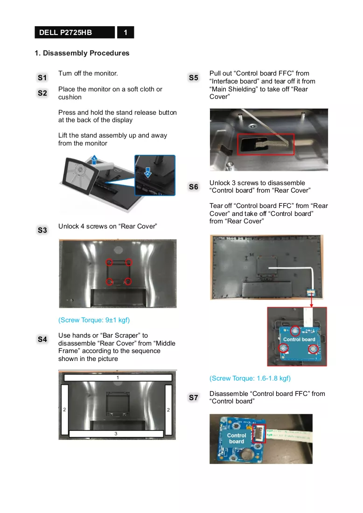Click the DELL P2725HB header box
75,32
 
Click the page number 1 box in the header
126,32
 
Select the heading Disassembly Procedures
86,53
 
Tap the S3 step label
42,230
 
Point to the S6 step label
194,187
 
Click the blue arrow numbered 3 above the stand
94,159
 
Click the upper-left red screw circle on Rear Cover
109,262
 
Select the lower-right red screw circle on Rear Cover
128,281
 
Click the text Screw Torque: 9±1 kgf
94,320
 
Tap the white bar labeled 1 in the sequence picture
118,378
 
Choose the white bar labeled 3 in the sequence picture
116,434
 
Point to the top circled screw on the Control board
295,331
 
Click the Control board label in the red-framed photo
299,339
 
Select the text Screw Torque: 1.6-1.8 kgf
250,378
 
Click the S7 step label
194,397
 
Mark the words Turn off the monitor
88,73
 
